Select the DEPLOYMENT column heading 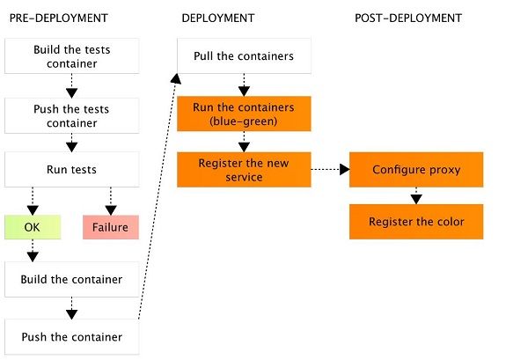pos(218,18)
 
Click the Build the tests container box pos(71,56)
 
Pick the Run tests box pos(71,169)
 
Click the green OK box pos(33,227)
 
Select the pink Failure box pos(110,227)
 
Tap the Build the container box pos(71,279)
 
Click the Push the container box pos(71,337)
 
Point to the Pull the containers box pos(243,57)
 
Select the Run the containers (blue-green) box pos(243,114)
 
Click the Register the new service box pos(243,169)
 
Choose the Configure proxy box pos(416,169)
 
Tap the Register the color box pos(416,221)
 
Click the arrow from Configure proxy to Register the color pos(416,195)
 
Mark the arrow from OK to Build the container pos(33,251)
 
